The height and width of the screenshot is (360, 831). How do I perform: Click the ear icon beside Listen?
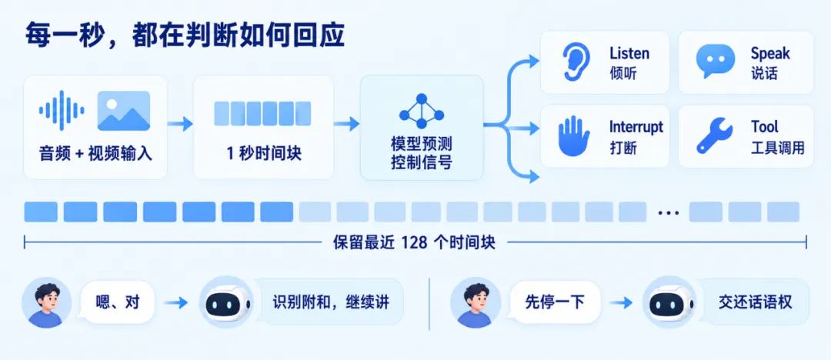point(576,62)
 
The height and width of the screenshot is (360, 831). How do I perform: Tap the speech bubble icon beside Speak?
point(715,61)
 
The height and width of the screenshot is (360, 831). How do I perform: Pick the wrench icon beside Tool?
point(714,135)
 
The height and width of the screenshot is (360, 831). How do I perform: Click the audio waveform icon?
point(62,110)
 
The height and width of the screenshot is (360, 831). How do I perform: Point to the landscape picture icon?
point(123,111)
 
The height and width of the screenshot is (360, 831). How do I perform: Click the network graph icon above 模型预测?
point(422,111)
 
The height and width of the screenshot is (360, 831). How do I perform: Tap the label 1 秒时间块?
point(264,154)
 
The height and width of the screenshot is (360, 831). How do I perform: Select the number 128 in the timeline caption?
point(414,242)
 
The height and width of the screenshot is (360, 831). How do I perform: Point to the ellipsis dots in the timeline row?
point(668,212)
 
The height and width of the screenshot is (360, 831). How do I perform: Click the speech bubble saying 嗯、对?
point(117,303)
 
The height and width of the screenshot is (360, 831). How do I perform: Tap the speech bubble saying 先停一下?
point(554,303)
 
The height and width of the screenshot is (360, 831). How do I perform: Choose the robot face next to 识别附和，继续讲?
point(226,302)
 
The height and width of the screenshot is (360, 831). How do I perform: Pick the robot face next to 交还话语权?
point(669,302)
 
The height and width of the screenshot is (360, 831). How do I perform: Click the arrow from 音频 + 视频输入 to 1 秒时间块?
point(179,124)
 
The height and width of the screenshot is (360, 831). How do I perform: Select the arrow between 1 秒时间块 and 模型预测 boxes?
point(346,124)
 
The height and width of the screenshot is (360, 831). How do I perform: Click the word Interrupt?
point(636,127)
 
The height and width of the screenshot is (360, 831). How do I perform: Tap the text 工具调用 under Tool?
point(777,148)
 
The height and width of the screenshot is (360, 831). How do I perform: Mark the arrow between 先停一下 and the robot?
point(621,303)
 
